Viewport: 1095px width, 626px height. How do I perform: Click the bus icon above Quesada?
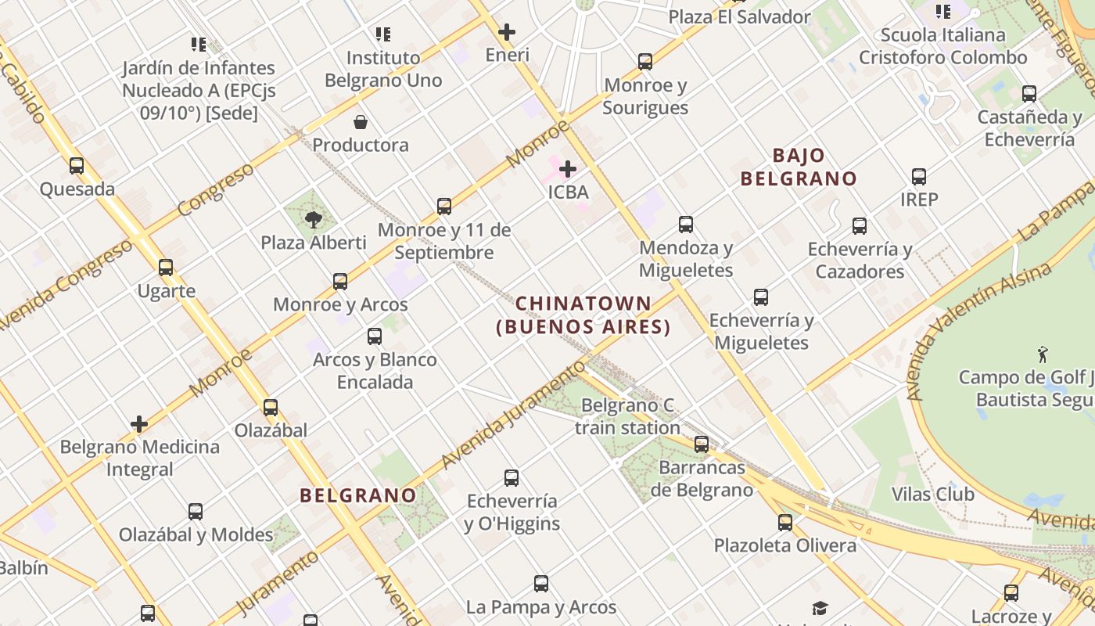(x=76, y=166)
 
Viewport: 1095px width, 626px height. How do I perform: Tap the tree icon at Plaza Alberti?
(x=314, y=219)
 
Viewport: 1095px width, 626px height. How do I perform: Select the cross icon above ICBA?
(x=568, y=168)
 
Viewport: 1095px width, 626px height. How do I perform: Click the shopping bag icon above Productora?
(x=361, y=122)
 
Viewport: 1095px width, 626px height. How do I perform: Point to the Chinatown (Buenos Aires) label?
(x=583, y=315)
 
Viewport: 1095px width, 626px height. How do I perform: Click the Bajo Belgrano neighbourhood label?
(x=799, y=167)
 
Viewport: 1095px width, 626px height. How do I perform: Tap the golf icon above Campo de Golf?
(x=1042, y=354)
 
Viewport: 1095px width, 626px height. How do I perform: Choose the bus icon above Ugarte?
(x=166, y=268)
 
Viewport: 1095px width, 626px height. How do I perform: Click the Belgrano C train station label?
(x=627, y=416)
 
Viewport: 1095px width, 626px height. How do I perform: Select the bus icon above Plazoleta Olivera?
(x=785, y=522)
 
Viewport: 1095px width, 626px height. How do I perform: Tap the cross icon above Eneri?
(x=507, y=32)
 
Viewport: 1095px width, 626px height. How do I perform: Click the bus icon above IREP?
(x=919, y=177)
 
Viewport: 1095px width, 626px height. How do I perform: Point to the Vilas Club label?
(x=933, y=494)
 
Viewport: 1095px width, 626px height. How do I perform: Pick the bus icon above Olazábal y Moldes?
(x=196, y=512)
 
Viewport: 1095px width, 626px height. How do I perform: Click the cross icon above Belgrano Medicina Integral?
(x=139, y=424)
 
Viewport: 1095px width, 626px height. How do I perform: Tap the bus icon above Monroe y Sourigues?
(x=645, y=62)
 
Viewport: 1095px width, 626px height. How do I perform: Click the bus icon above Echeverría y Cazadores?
(x=860, y=226)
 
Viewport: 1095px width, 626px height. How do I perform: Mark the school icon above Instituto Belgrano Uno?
(x=383, y=34)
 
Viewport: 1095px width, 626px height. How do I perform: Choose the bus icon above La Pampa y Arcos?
(x=541, y=583)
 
